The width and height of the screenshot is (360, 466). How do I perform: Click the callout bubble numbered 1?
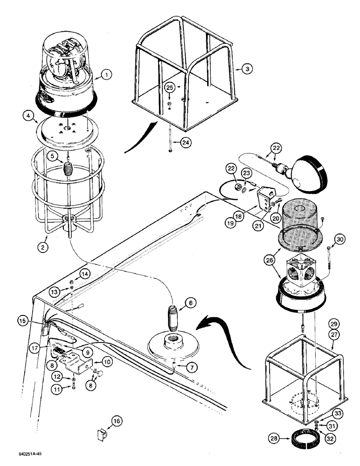tap(107, 74)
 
